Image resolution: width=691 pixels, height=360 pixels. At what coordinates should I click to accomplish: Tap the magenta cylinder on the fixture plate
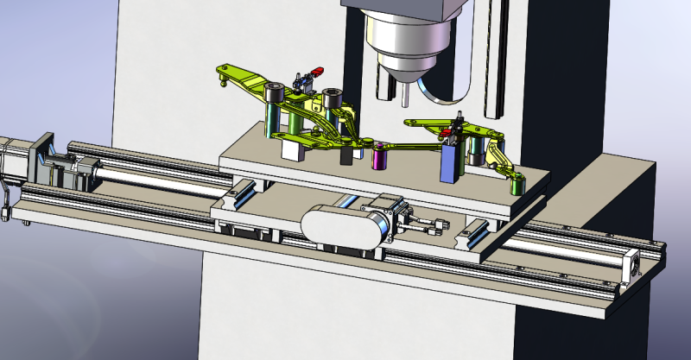378,158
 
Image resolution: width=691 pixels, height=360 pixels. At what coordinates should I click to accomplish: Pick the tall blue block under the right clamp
451,162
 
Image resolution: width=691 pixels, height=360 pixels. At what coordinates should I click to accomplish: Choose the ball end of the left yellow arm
224,84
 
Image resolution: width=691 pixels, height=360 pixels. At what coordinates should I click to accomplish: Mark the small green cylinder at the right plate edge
517,185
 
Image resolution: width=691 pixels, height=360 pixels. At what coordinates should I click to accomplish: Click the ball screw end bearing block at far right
637,262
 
